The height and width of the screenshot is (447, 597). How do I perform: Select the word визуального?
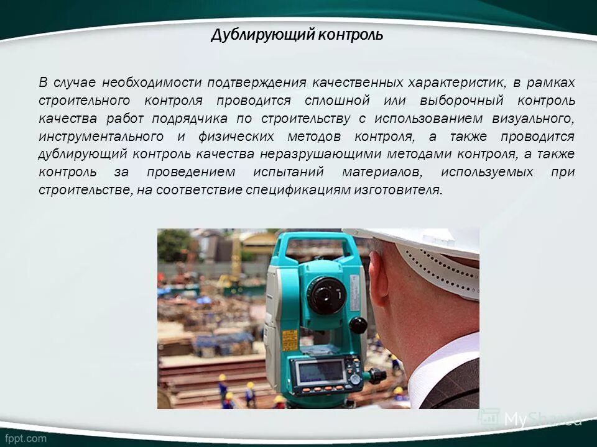tap(534, 119)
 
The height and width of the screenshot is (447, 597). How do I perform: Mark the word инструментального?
tap(101, 137)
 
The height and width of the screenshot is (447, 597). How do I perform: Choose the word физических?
tap(239, 137)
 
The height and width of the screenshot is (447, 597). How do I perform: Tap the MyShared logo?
tap(535, 419)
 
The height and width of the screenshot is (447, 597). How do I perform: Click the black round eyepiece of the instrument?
tap(326, 294)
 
